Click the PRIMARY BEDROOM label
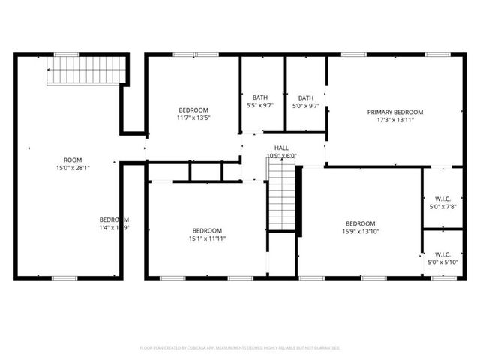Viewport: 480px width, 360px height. click(x=395, y=112)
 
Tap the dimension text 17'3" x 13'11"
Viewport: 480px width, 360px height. click(x=395, y=120)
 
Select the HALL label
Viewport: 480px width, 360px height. click(x=281, y=148)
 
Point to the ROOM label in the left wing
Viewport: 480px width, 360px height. click(x=73, y=160)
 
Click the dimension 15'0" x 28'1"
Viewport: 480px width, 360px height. click(x=73, y=168)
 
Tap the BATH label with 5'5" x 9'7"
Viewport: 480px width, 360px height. click(x=260, y=97)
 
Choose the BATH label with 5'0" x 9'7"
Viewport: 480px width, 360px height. click(x=306, y=97)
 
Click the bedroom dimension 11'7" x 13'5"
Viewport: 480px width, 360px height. click(x=193, y=118)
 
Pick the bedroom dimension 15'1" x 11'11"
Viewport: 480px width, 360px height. click(x=206, y=238)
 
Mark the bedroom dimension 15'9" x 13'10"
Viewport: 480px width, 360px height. click(x=360, y=232)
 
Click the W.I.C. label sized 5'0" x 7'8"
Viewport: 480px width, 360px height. click(x=442, y=199)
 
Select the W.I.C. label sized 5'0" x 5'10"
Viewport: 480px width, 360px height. click(x=442, y=253)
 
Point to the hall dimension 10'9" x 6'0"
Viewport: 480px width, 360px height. click(x=282, y=156)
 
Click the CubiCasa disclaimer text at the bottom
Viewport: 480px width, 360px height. click(x=240, y=348)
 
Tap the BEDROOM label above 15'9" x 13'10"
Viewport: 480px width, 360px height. click(x=360, y=223)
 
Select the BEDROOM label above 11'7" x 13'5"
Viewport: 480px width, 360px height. click(x=193, y=109)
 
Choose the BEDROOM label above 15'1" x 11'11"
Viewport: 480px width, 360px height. click(x=206, y=230)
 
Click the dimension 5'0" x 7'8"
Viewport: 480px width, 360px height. click(x=442, y=207)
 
